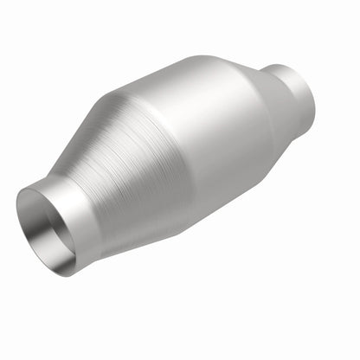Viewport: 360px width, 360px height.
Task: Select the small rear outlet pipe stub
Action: click(x=299, y=100)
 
